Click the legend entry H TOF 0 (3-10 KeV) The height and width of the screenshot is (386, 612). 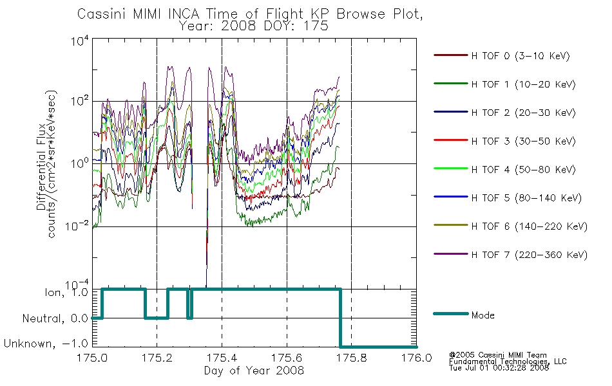point(521,56)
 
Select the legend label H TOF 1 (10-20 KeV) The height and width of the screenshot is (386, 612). point(523,84)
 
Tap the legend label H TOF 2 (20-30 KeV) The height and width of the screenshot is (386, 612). point(523,113)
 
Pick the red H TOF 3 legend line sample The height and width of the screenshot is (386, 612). point(451,140)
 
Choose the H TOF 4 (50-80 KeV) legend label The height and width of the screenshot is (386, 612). point(523,170)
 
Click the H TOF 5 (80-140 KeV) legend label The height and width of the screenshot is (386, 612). point(526,198)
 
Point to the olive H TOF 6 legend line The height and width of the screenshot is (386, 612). point(451,225)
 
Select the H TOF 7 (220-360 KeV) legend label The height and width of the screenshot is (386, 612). point(530,255)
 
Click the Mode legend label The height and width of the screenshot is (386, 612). point(483,315)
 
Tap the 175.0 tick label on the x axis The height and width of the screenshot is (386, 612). point(92,358)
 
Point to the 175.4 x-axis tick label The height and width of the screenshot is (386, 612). point(222,358)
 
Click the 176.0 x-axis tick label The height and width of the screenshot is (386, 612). point(416,358)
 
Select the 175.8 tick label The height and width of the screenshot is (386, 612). point(351,358)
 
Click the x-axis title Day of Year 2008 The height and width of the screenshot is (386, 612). point(254,371)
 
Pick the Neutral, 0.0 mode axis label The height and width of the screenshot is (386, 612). point(55,318)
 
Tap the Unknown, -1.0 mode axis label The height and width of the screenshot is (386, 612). point(46,344)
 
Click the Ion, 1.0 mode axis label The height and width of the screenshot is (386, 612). point(66,292)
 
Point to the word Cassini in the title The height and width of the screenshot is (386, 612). point(102,14)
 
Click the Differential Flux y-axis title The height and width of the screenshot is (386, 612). point(41,167)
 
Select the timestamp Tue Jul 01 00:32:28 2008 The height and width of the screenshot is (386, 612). point(499,368)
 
